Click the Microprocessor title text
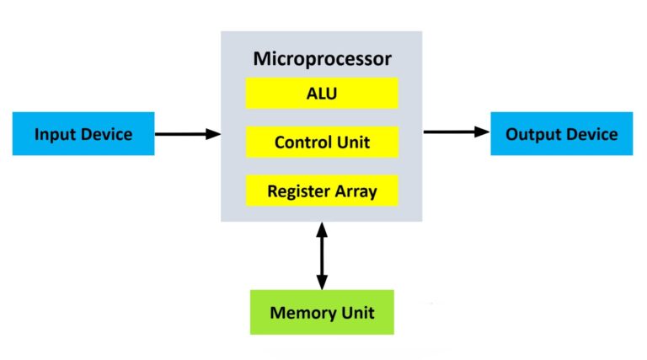pyautogui.click(x=323, y=59)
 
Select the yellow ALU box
pyautogui.click(x=322, y=94)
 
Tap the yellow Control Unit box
pyautogui.click(x=322, y=142)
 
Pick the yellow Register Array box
pyautogui.click(x=322, y=191)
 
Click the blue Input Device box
pyautogui.click(x=83, y=134)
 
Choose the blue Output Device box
pyautogui.click(x=562, y=134)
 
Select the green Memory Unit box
pyautogui.click(x=322, y=312)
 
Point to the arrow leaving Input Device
pyautogui.click(x=188, y=134)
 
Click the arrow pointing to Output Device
pyautogui.click(x=457, y=132)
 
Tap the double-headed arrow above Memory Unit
pyautogui.click(x=322, y=256)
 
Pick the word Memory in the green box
pyautogui.click(x=297, y=313)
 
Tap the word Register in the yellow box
pyautogui.click(x=299, y=191)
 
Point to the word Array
pyautogui.click(x=356, y=192)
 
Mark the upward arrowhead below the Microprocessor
pyautogui.click(x=322, y=229)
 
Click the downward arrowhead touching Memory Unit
pyautogui.click(x=322, y=282)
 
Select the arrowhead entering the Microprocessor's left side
pyautogui.click(x=213, y=134)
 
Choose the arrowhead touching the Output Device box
pyautogui.click(x=483, y=132)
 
